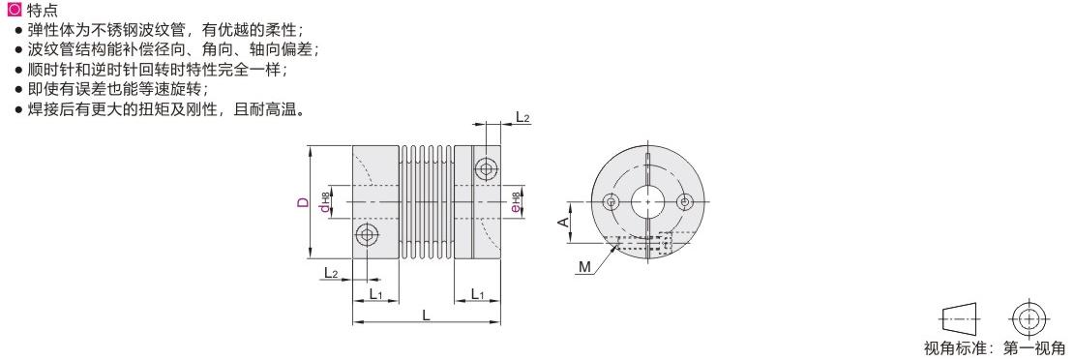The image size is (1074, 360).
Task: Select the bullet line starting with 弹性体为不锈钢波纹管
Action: click(x=160, y=30)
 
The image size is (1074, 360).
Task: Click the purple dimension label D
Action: click(x=302, y=202)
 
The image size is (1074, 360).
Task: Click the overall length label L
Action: click(x=426, y=315)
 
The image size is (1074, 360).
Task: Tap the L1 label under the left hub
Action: click(x=374, y=294)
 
